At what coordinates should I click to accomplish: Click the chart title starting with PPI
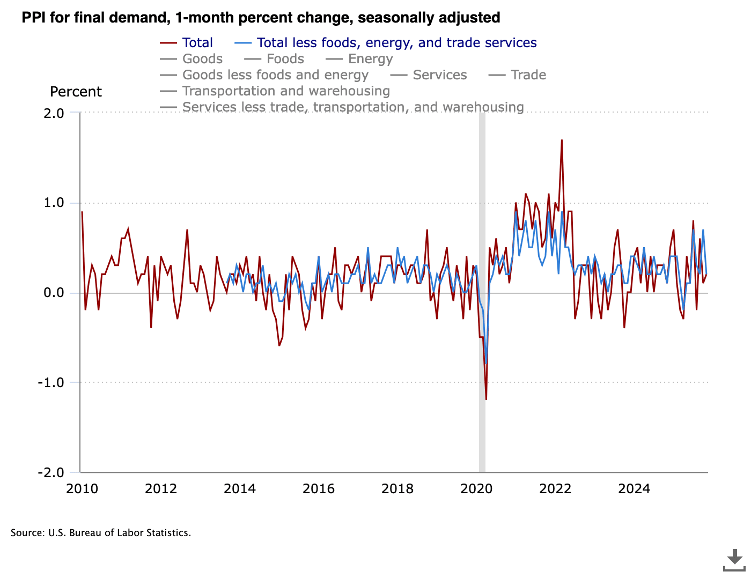click(261, 18)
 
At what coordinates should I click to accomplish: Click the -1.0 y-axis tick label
click(51, 383)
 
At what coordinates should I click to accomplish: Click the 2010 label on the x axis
click(82, 488)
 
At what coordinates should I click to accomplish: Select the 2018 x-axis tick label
click(397, 488)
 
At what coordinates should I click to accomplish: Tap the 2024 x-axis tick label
click(634, 488)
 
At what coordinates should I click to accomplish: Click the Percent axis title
click(76, 92)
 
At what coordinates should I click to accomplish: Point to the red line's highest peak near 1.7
click(562, 140)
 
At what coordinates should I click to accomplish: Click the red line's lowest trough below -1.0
click(486, 399)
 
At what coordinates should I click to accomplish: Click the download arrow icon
click(734, 559)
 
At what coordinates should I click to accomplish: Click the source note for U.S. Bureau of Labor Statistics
click(101, 533)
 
